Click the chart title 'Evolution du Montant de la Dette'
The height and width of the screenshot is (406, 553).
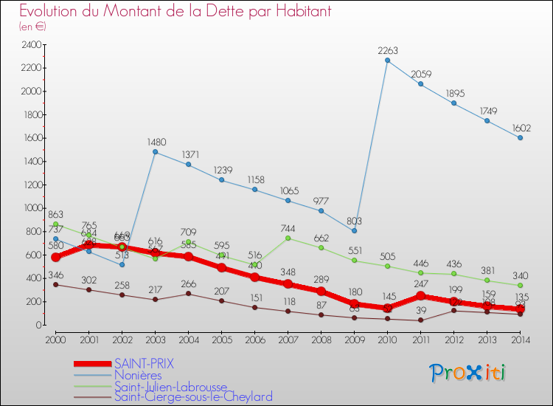coord(175,11)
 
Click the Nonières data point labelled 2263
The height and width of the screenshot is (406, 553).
coord(387,61)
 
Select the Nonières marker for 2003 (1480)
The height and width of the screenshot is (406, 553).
coord(155,152)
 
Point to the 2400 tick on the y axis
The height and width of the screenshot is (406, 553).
coord(32,45)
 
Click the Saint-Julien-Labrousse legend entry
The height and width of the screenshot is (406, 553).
coord(175,386)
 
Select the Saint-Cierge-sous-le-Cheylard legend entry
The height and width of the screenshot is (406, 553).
coord(193,396)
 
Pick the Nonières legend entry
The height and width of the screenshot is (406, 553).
coord(138,375)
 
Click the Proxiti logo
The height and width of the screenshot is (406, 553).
coord(468,373)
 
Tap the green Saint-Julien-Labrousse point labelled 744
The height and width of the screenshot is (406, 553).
coord(288,238)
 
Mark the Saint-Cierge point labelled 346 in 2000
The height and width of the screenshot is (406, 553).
coord(55,284)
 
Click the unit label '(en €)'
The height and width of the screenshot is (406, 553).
coord(32,27)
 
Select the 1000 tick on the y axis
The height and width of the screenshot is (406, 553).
coord(32,208)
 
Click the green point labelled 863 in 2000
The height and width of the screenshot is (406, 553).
coord(55,224)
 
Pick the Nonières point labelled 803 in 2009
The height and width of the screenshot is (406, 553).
coord(354,231)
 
